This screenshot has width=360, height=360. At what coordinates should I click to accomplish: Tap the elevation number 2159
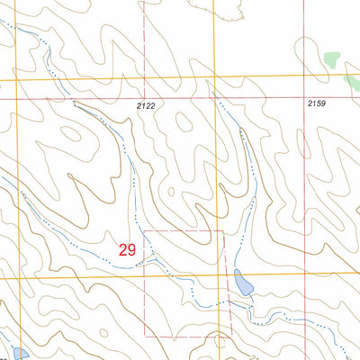[x=315, y=105]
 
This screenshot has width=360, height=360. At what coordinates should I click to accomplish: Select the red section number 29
[x=127, y=249]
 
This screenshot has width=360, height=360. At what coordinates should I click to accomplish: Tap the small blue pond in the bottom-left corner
[x=17, y=352]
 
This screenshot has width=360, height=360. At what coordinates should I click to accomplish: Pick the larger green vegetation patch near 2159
[x=333, y=60]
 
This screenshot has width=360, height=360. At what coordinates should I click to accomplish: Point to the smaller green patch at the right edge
[x=354, y=76]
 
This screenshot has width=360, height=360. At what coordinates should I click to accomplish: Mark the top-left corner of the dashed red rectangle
[x=145, y=230]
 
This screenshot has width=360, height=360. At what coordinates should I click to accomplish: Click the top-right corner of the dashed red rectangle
[x=223, y=230]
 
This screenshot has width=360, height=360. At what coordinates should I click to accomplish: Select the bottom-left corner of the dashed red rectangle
[x=145, y=338]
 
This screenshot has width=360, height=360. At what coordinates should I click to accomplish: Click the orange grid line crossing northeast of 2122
[x=214, y=79]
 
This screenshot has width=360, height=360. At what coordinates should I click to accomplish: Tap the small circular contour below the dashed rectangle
[x=219, y=341]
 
